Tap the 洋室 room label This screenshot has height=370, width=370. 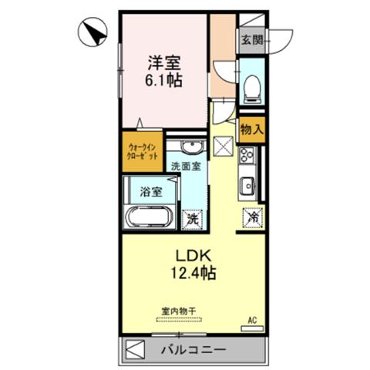(x=164, y=62)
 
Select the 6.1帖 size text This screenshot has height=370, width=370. (x=164, y=80)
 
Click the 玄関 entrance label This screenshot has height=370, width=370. (x=252, y=40)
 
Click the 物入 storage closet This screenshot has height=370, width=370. (x=252, y=129)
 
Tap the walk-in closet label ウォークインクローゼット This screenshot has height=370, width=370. (x=143, y=152)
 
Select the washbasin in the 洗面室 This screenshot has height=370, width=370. (x=191, y=147)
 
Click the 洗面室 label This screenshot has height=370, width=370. (x=186, y=166)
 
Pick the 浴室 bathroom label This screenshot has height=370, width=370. (x=151, y=192)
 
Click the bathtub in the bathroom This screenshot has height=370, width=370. (x=149, y=217)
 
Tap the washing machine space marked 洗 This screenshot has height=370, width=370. (x=192, y=220)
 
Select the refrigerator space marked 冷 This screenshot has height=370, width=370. (x=253, y=218)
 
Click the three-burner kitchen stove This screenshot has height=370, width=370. (x=247, y=155)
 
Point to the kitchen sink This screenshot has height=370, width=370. (x=247, y=186)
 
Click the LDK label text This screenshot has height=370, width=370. (x=193, y=256)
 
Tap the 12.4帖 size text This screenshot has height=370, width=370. (x=193, y=273)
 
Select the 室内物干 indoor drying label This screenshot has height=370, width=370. (x=179, y=311)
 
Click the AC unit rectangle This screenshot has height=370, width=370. (x=252, y=328)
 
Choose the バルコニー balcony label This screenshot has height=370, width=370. (x=193, y=349)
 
